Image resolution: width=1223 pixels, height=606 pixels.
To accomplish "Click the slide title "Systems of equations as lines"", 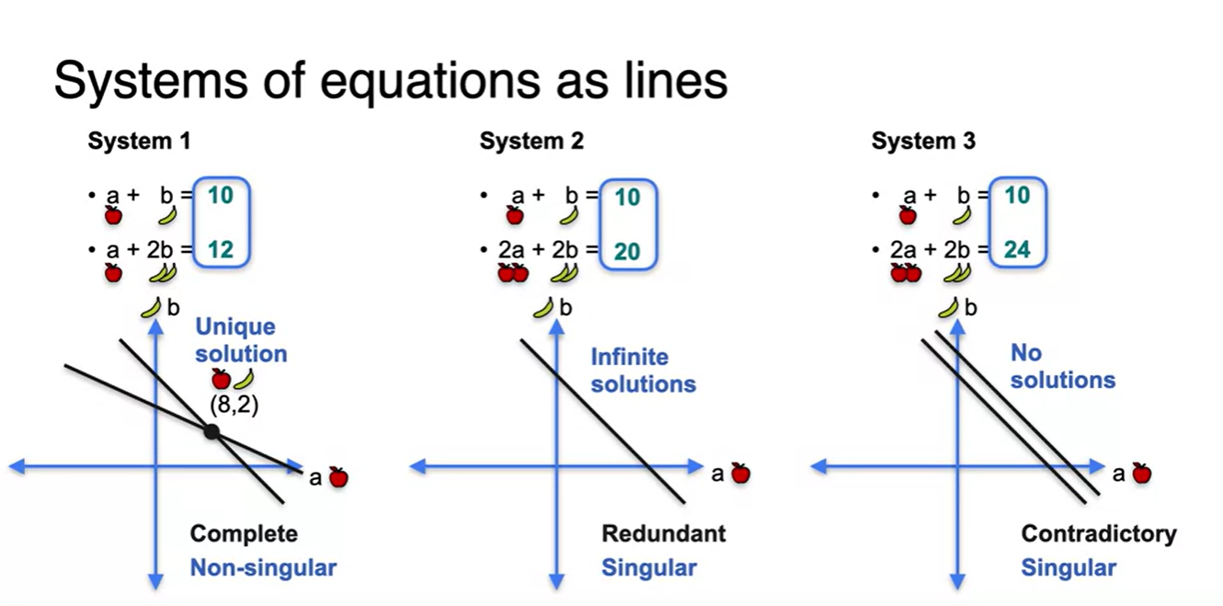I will (x=391, y=81).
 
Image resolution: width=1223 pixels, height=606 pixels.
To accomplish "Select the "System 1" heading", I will (x=139, y=142).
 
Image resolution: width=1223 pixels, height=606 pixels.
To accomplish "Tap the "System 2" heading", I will (x=531, y=142).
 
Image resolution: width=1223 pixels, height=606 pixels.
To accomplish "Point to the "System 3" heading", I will (x=923, y=142).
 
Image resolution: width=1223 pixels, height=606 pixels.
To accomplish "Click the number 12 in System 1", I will (x=221, y=249).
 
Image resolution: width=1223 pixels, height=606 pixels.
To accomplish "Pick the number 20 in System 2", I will (x=627, y=251).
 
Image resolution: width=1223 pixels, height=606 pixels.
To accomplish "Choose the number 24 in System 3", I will (x=1017, y=250).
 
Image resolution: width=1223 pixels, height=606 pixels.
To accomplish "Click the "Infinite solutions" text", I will (x=643, y=370).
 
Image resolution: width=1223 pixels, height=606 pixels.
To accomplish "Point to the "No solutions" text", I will (x=1062, y=366).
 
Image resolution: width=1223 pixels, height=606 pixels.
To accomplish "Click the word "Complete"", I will (x=244, y=533).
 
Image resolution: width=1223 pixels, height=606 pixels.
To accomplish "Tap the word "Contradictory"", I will (x=1098, y=533).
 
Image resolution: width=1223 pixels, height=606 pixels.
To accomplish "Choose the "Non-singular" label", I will (x=263, y=567).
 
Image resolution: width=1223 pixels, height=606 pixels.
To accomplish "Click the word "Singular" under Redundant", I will (x=648, y=567).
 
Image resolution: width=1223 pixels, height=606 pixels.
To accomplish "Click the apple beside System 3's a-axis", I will (x=1141, y=474).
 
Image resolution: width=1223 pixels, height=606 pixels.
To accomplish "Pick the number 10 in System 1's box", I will (x=221, y=196).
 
